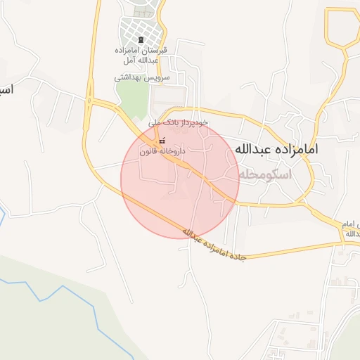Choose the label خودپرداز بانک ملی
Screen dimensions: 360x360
179,122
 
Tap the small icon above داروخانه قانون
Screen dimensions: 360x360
162,141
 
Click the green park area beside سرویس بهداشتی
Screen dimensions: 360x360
131,98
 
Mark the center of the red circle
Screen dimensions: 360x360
179,179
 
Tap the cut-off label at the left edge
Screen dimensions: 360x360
6,91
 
